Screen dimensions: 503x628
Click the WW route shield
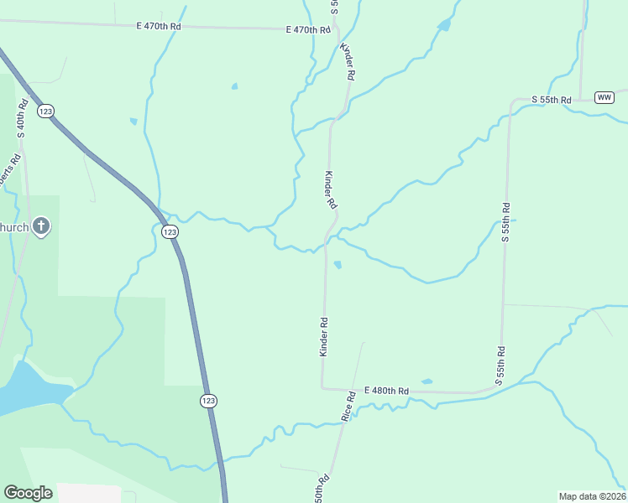pos(604,97)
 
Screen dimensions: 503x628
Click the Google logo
pos(28,492)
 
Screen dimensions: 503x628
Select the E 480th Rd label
pos(386,392)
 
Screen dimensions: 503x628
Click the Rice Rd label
pos(348,406)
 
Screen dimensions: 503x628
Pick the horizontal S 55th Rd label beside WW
pos(552,100)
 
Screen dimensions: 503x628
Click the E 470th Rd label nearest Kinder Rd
pos(308,30)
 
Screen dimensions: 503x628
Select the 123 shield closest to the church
pos(170,231)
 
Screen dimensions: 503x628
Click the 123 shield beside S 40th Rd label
pos(46,111)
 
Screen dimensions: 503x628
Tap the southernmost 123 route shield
pos(208,401)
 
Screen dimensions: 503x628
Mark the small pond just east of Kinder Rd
pos(338,265)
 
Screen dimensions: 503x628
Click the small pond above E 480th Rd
pos(427,381)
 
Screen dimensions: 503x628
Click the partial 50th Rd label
pos(322,490)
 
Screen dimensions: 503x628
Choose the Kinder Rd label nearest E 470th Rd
pos(348,62)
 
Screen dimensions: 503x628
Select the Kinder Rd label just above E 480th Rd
pos(323,336)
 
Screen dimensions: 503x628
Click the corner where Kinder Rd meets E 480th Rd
pos(322,388)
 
